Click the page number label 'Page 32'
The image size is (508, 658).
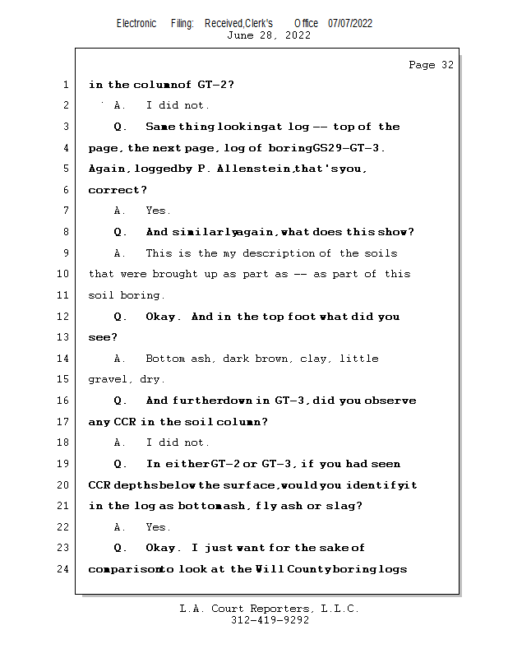point(431,65)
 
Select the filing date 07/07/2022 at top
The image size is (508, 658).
point(350,23)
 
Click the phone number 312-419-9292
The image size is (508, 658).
point(270,620)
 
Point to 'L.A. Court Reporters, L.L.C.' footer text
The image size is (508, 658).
point(270,609)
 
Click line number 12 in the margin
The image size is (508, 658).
point(64,317)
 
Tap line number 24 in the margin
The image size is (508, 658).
point(64,569)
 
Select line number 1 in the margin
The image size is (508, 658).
point(65,85)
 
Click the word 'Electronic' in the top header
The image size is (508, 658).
point(136,23)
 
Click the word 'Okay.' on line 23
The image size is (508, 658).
point(162,548)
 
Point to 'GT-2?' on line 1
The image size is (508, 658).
point(216,85)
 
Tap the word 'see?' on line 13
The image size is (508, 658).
point(103,337)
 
